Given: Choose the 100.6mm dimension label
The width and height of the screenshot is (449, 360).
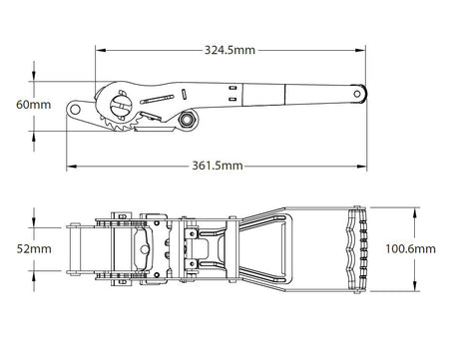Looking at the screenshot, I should tap(411, 247).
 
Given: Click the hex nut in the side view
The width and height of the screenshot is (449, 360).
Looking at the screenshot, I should tap(185, 120).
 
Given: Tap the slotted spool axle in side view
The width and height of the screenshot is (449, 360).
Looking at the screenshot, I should tap(119, 101).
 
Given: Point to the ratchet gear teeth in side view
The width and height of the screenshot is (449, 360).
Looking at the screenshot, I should tap(118, 127).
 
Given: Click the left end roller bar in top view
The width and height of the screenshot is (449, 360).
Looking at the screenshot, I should tap(75, 245).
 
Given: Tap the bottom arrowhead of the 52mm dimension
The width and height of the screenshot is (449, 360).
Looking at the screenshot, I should tap(34, 271).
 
